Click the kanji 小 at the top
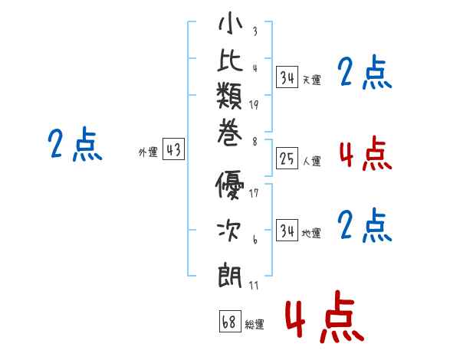click(230, 22)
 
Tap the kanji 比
click(230, 60)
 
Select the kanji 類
click(229, 95)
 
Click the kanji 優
click(229, 185)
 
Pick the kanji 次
click(229, 231)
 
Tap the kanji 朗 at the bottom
click(230, 275)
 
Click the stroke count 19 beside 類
click(254, 105)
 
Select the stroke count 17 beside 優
click(254, 193)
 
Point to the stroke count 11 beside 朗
click(254, 285)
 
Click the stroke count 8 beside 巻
click(255, 142)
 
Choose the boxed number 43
click(174, 149)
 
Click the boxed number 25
click(287, 159)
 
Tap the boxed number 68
click(230, 321)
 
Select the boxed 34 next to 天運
click(287, 77)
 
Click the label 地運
click(311, 234)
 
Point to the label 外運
click(148, 152)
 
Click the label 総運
click(255, 325)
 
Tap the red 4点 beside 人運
click(366, 153)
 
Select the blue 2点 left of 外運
click(75, 144)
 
